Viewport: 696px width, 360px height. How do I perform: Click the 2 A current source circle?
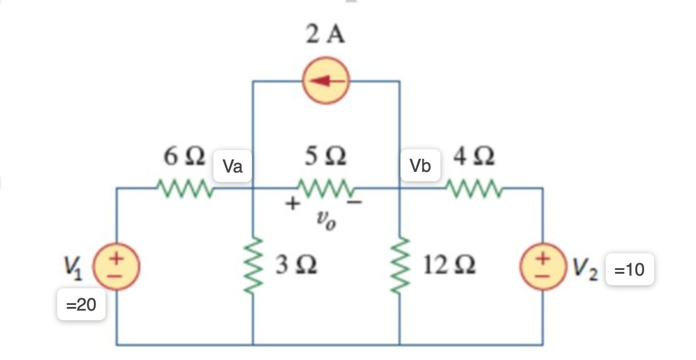tap(326, 81)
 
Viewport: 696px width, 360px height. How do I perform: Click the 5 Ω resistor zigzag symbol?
tap(326, 187)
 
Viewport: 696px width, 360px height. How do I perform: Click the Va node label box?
tap(232, 166)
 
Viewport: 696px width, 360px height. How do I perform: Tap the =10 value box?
tap(630, 271)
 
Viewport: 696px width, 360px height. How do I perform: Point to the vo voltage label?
tap(326, 220)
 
